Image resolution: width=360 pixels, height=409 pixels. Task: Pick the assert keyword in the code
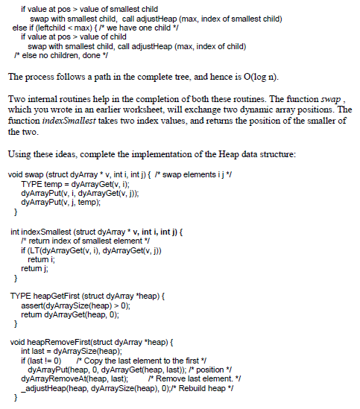pos(33,305)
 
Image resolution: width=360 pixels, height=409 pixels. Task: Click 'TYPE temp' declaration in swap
pos(42,183)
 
